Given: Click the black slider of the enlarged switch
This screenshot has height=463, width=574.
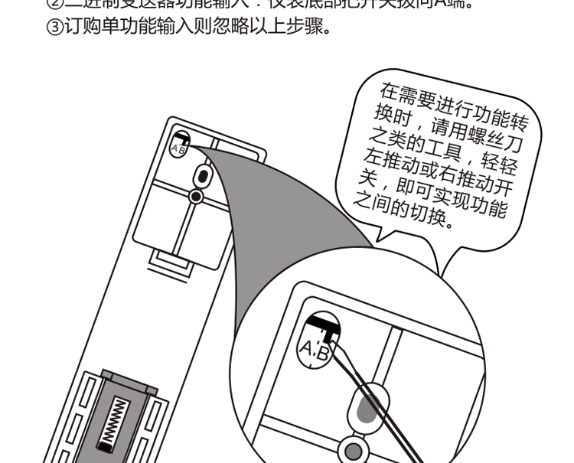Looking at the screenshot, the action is [322, 327].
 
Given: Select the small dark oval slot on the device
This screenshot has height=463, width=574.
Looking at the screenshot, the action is [203, 176].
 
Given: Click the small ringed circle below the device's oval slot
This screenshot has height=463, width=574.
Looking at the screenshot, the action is [196, 197].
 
